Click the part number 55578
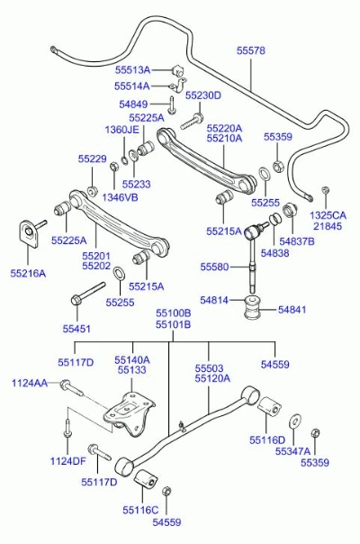(x=251, y=50)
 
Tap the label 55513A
(x=133, y=70)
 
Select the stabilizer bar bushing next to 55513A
(x=177, y=70)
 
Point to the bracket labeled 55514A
(x=178, y=85)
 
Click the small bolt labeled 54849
(x=172, y=104)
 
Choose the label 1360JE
(x=121, y=130)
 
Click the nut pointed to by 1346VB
(x=114, y=167)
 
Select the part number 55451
(x=76, y=329)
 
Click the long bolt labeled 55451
(x=87, y=294)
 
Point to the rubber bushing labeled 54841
(x=252, y=307)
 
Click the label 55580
(x=215, y=267)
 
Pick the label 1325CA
(x=328, y=215)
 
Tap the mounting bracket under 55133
(x=130, y=414)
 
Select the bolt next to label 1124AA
(x=72, y=388)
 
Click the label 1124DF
(x=68, y=461)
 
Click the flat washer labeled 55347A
(x=295, y=421)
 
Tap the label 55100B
(x=173, y=313)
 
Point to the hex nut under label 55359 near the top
(x=277, y=166)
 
